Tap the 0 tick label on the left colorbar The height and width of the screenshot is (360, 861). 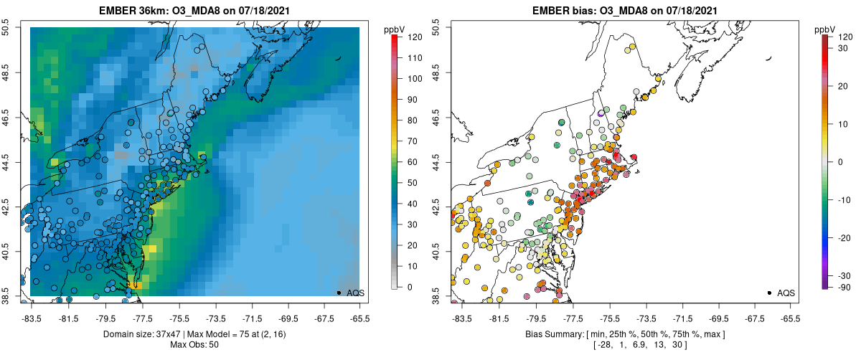(408, 287)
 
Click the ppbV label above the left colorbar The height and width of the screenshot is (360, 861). (395, 29)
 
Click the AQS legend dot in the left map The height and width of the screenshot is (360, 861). (339, 293)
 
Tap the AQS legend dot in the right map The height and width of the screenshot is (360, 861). (769, 293)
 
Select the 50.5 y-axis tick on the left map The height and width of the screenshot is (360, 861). (9, 28)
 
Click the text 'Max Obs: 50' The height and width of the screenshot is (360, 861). (194, 345)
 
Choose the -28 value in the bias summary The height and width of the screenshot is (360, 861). (603, 345)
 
